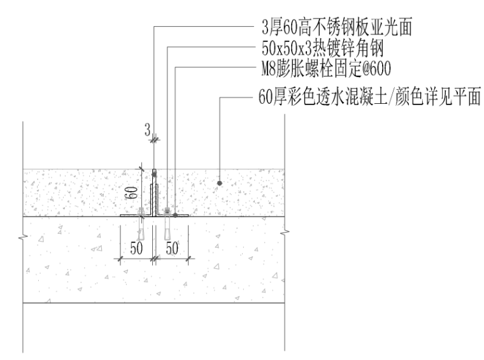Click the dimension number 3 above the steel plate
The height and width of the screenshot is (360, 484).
(x=147, y=131)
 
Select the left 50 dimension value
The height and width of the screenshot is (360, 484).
(x=135, y=248)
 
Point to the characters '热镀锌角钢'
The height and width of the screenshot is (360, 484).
(x=348, y=48)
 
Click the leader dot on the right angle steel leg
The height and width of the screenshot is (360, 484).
(x=174, y=215)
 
